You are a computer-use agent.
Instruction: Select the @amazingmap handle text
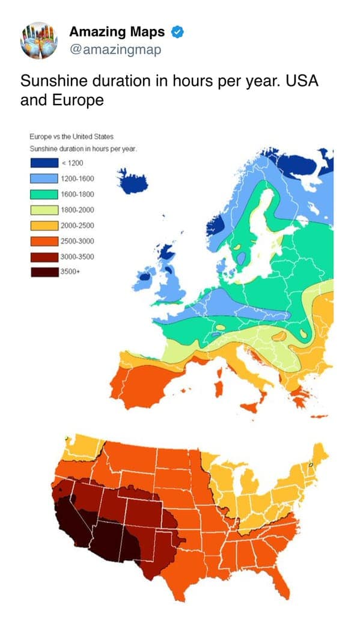point(115,49)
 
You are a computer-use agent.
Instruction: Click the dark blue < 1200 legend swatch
point(43,163)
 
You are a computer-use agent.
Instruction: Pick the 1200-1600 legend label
point(77,178)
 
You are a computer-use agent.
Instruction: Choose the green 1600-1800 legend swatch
point(43,194)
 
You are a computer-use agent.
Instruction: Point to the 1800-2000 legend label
point(77,210)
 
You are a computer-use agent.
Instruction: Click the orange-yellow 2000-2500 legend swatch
point(43,225)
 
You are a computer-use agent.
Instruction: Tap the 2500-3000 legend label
point(77,241)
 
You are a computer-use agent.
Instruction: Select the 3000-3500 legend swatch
point(43,257)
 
